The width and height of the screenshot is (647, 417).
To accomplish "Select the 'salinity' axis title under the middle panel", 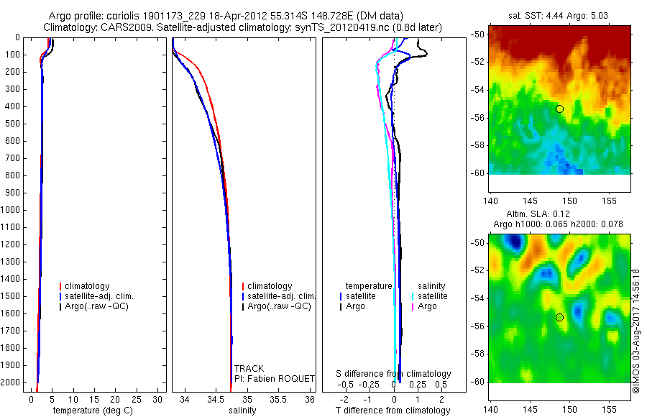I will pyautogui.click(x=242, y=411).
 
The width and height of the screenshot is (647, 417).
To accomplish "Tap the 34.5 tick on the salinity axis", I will pyautogui.click(x=216, y=398).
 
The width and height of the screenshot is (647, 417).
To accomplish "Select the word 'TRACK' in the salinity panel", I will pyautogui.click(x=249, y=369).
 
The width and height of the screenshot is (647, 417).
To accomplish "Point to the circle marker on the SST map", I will pyautogui.click(x=559, y=109).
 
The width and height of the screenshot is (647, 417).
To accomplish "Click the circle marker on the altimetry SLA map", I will pyautogui.click(x=559, y=317).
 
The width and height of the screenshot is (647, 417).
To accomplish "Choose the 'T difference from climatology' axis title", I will pyautogui.click(x=393, y=411).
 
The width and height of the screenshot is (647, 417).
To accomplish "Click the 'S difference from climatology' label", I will pyautogui.click(x=394, y=374).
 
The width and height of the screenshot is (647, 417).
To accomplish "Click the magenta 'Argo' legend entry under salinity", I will pyautogui.click(x=427, y=306).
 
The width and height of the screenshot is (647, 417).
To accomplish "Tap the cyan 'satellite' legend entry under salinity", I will pyautogui.click(x=432, y=296).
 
